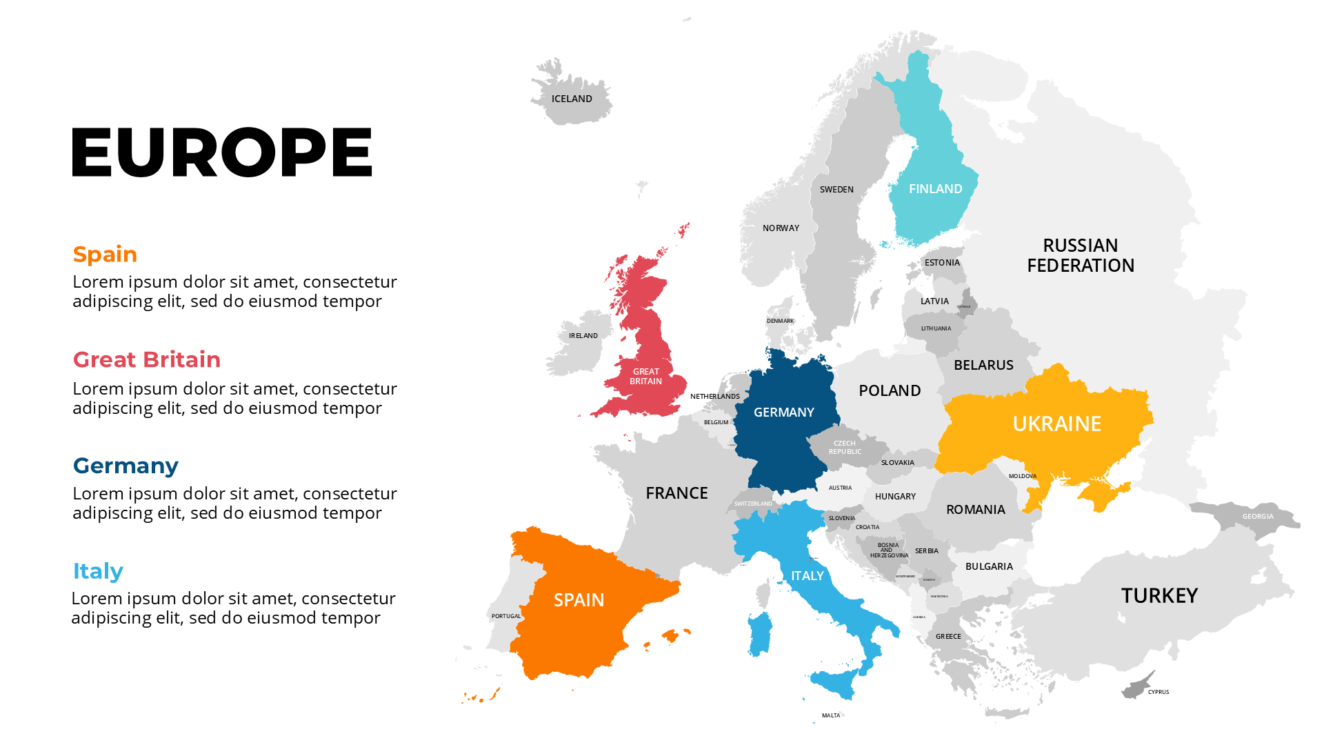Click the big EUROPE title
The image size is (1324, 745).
pyautogui.click(x=222, y=152)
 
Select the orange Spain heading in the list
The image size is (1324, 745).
pyautogui.click(x=105, y=254)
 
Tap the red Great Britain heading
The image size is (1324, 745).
pyautogui.click(x=146, y=359)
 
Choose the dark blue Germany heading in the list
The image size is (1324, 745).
pyautogui.click(x=126, y=466)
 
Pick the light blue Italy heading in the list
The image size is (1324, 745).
pyautogui.click(x=98, y=571)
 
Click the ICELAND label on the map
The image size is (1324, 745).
pyautogui.click(x=572, y=99)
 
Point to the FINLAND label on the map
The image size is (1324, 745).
pyautogui.click(x=935, y=189)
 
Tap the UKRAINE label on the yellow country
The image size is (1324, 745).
pyautogui.click(x=1056, y=424)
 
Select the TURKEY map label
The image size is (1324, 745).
pyautogui.click(x=1159, y=595)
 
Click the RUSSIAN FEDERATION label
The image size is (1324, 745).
pyautogui.click(x=1081, y=255)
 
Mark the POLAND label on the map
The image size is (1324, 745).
pyautogui.click(x=890, y=390)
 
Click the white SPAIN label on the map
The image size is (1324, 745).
pyautogui.click(x=579, y=600)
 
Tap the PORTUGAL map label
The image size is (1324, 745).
pyautogui.click(x=506, y=616)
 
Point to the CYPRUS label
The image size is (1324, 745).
pyautogui.click(x=1158, y=692)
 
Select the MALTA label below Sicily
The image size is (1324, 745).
pyautogui.click(x=831, y=715)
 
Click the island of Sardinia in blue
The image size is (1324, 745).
pyautogui.click(x=760, y=633)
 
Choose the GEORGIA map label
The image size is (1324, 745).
pyautogui.click(x=1258, y=517)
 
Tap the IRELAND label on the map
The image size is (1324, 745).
pyautogui.click(x=583, y=336)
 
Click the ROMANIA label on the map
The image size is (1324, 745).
pyautogui.click(x=975, y=510)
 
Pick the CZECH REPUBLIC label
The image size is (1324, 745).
pyautogui.click(x=845, y=448)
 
